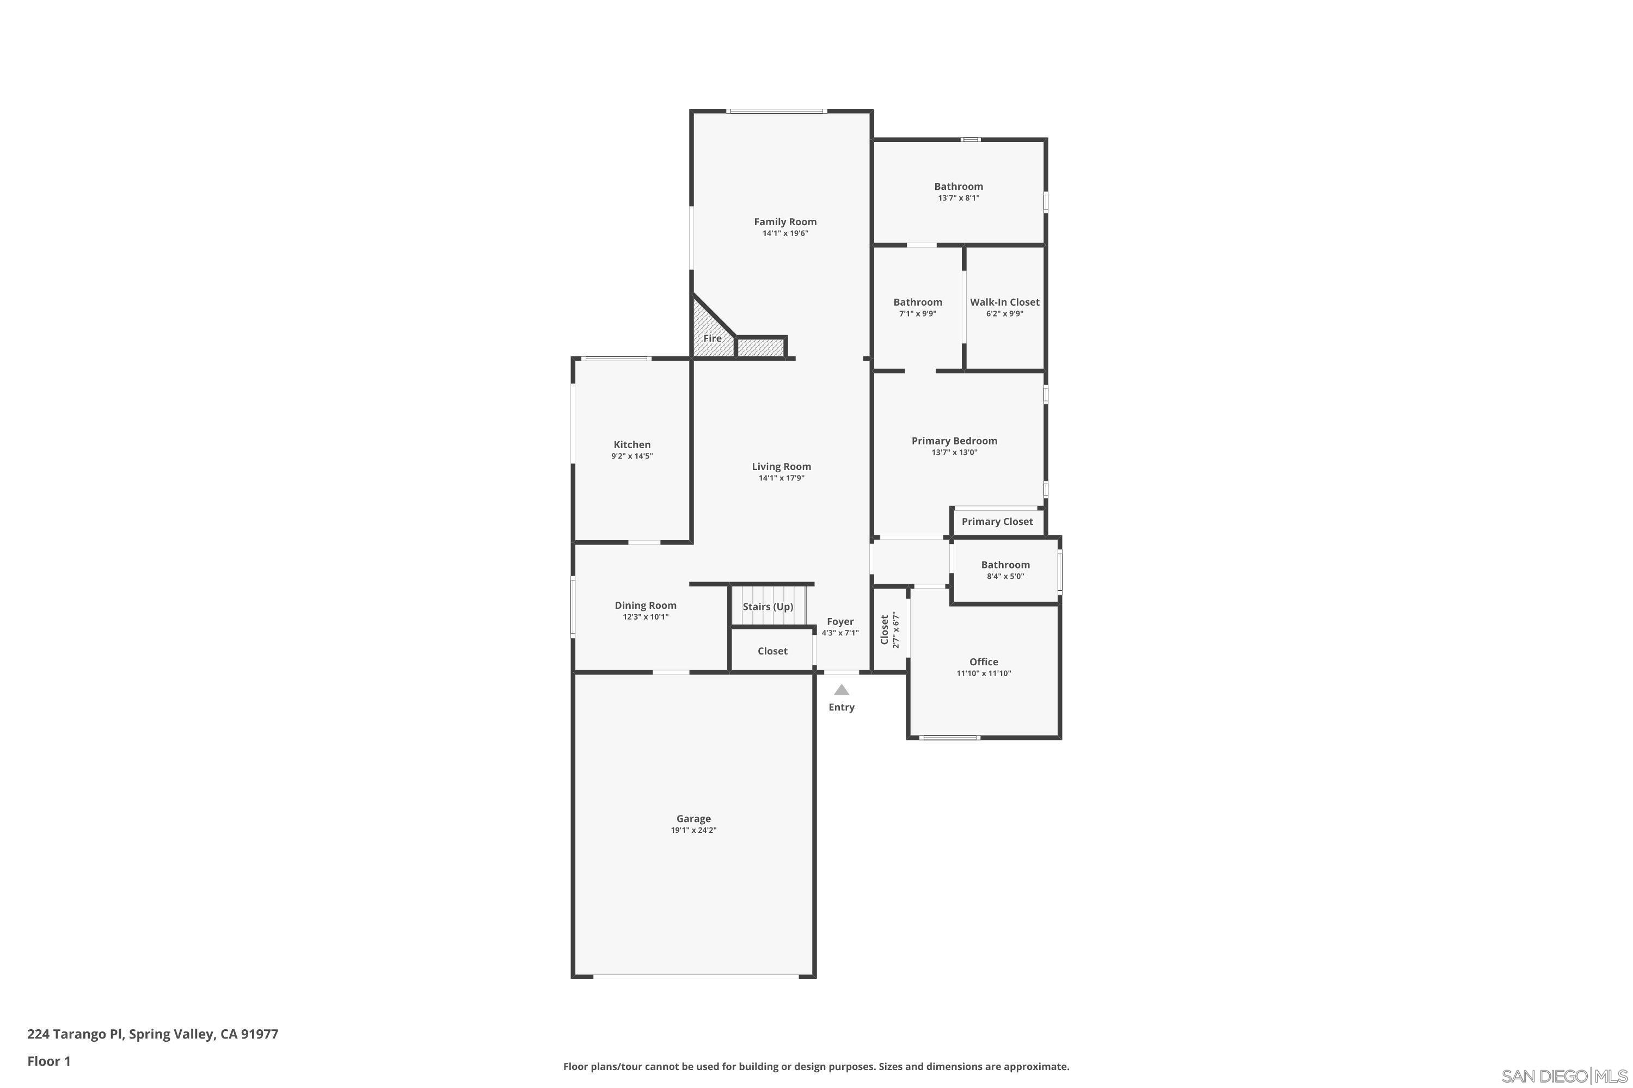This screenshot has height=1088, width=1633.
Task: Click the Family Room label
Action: click(x=785, y=222)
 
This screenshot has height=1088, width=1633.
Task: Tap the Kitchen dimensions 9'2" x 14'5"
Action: click(x=632, y=456)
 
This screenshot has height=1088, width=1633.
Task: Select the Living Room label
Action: click(x=781, y=467)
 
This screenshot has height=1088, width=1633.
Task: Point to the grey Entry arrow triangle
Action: click(x=842, y=690)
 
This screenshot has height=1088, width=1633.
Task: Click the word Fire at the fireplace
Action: click(x=713, y=338)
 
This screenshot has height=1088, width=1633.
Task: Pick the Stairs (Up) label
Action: click(x=768, y=607)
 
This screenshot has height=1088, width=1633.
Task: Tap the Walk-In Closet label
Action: click(x=1005, y=302)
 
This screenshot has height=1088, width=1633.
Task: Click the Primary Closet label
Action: click(x=997, y=522)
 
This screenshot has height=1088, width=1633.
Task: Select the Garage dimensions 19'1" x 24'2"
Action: click(x=693, y=831)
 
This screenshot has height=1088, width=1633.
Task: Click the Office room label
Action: click(x=984, y=662)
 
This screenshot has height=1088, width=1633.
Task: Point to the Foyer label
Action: click(x=840, y=622)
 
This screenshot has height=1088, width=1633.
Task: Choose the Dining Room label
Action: click(x=646, y=606)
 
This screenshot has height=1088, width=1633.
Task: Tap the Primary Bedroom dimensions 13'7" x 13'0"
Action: click(x=955, y=453)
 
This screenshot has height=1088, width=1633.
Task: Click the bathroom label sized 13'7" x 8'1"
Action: click(x=959, y=187)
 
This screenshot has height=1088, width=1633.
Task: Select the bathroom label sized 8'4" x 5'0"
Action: click(x=1005, y=565)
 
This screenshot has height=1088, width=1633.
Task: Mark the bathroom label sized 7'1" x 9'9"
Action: click(x=918, y=302)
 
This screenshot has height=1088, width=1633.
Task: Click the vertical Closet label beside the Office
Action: click(x=885, y=630)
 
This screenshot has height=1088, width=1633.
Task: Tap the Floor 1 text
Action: click(x=50, y=1061)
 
